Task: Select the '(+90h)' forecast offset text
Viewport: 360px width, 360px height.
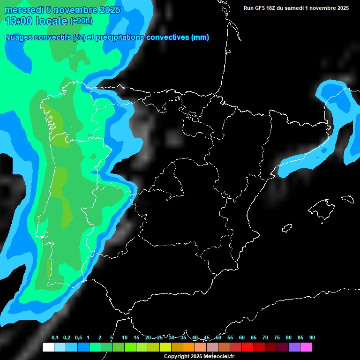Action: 81,21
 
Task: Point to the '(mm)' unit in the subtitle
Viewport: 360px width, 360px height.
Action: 200,37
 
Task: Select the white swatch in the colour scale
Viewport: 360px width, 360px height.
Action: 48,347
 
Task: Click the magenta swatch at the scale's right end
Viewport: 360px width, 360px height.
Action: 306,347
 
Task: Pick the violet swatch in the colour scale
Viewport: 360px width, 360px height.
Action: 294,347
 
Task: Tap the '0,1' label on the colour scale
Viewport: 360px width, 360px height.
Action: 54,338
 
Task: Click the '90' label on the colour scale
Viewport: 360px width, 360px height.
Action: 312,338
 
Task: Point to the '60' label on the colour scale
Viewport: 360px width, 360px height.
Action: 242,338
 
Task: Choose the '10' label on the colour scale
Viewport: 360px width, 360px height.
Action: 125,338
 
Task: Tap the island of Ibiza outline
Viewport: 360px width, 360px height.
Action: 287,228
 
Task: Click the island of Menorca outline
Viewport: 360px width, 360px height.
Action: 347,199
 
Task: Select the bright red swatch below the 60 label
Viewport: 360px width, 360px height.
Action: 247,347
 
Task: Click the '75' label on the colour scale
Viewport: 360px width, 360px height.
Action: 277,338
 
